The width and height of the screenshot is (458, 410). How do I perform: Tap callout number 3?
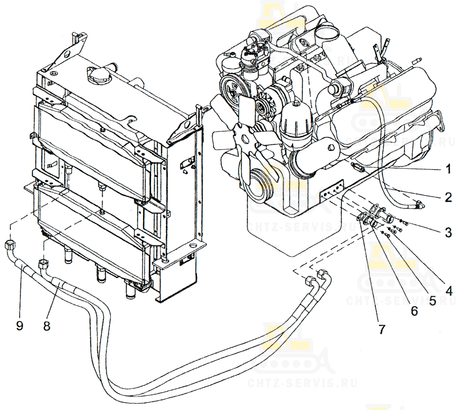pos(449,232)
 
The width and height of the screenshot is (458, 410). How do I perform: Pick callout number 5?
pos(432,300)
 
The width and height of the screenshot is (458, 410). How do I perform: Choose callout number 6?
pos(414,311)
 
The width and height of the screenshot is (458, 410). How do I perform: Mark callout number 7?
pos(381,329)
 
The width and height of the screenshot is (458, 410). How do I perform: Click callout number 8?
pos(47,326)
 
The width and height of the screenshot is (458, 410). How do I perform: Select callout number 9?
pos(19,326)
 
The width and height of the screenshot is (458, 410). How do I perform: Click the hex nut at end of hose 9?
pos(10,245)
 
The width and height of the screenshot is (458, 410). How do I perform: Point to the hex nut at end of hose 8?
pos(43,263)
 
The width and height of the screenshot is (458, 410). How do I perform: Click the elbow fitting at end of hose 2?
pos(419,205)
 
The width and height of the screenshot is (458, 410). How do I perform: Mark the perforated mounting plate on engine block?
pos(331,194)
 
